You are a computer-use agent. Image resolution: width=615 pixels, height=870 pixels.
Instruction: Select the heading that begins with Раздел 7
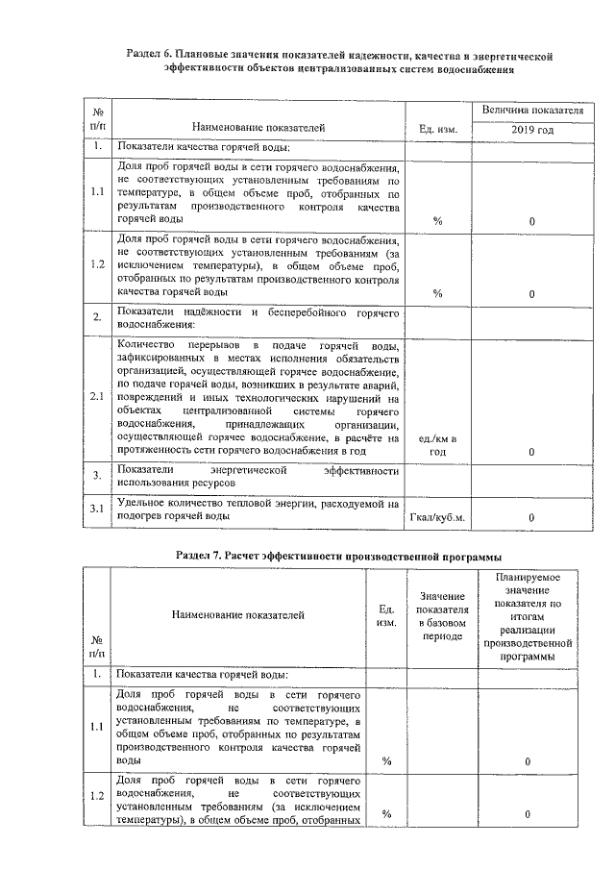340,555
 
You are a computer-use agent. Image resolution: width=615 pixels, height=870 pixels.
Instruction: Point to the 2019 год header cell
532,129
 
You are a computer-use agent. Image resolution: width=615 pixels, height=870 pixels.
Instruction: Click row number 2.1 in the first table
97,396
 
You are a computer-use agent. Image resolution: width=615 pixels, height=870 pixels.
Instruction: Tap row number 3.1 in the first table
97,510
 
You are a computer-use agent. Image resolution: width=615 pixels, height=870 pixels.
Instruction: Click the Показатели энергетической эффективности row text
257,475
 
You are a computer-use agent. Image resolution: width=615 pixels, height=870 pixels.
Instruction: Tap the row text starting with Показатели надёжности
257,318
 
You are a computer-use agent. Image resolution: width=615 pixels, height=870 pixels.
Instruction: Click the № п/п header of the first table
97,119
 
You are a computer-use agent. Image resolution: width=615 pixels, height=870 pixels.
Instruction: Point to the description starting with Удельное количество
257,510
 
